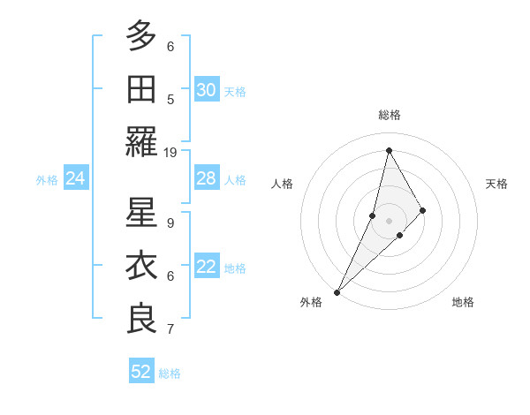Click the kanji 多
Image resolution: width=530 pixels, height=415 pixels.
[x=141, y=35]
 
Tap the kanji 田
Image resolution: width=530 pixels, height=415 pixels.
[x=141, y=88]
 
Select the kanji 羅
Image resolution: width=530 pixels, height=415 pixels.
[x=141, y=141]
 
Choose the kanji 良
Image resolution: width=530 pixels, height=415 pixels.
[x=141, y=319]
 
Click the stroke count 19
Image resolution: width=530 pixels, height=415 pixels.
[x=170, y=153]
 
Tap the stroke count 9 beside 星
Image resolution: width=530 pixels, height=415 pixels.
[x=170, y=223]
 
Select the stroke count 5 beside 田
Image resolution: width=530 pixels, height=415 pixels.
[x=170, y=100]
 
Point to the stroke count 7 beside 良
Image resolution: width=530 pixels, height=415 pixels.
[x=170, y=329]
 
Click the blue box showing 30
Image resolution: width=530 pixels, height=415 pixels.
[x=207, y=90]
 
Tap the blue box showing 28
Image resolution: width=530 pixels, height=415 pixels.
[x=207, y=179]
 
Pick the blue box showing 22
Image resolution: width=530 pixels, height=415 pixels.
[x=207, y=268]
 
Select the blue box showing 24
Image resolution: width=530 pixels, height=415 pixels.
[x=76, y=179]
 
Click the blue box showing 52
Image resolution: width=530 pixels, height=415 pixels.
[x=141, y=372]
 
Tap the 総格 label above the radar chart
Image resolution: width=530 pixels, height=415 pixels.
[x=390, y=115]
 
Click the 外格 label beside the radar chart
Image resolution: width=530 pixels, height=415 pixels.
[x=311, y=302]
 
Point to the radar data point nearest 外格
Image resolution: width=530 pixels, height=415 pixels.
[x=337, y=291]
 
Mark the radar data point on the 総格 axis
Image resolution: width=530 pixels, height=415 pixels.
[x=389, y=150]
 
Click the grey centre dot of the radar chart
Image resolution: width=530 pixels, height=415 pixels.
[x=389, y=219]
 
